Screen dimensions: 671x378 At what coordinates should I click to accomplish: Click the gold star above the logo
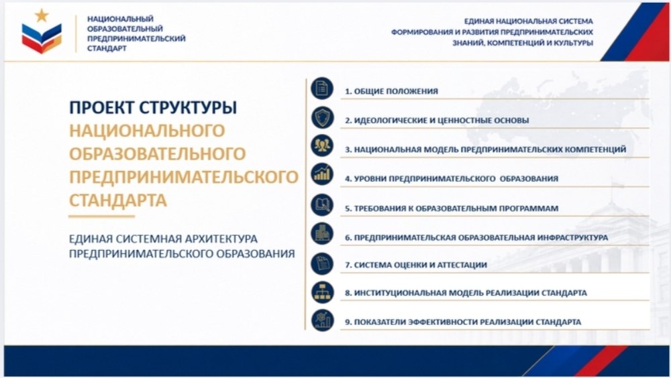(x=42, y=15)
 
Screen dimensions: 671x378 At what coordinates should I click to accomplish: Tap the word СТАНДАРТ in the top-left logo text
(x=107, y=48)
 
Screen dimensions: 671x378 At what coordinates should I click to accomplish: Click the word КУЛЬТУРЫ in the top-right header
(x=574, y=43)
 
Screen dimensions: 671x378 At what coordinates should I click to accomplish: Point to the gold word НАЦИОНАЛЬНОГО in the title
(x=147, y=131)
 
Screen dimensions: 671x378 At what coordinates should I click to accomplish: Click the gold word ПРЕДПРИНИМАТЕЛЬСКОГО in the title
(x=184, y=177)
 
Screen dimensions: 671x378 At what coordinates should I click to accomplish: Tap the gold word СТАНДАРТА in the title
(x=117, y=200)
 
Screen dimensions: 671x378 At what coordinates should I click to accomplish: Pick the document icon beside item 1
(x=322, y=88)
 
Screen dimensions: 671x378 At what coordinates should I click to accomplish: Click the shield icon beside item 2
(x=322, y=117)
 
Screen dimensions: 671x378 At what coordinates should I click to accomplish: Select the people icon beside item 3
(x=322, y=146)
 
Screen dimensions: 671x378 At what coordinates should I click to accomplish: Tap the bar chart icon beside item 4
(x=322, y=174)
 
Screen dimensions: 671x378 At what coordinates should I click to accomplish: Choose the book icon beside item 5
(x=322, y=205)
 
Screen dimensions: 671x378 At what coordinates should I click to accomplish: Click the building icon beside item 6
(x=322, y=234)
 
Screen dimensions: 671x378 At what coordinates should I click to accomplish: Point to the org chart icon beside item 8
(x=322, y=292)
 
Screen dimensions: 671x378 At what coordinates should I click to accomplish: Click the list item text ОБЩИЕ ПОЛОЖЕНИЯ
(x=396, y=91)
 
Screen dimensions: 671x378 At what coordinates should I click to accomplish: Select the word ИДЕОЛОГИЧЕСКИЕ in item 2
(x=391, y=121)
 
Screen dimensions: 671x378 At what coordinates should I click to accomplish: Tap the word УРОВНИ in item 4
(x=370, y=179)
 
